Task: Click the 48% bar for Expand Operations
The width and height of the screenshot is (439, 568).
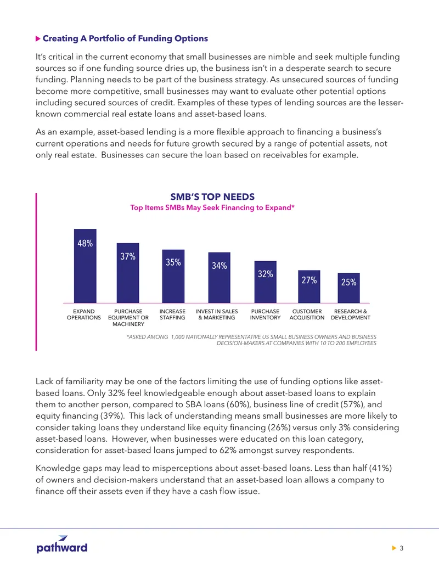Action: coord(85,266)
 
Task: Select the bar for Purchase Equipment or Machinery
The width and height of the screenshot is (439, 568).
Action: coord(128,273)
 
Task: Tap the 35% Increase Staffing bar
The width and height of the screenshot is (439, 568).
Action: coord(173,276)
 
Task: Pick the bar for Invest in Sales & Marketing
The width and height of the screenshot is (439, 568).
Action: coord(219,278)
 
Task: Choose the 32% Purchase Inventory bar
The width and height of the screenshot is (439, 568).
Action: coord(265,282)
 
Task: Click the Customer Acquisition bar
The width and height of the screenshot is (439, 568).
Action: coord(309,286)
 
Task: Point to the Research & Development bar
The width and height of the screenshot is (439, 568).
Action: coord(349,288)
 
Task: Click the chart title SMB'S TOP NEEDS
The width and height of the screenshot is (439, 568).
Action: coord(212,196)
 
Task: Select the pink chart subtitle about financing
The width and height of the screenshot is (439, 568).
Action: coord(212,207)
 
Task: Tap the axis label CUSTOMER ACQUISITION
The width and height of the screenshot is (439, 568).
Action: coord(307,314)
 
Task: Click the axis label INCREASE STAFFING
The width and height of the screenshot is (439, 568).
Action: coord(172,314)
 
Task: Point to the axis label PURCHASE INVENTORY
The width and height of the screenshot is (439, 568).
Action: coord(265,314)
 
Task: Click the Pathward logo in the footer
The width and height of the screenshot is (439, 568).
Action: coord(62,544)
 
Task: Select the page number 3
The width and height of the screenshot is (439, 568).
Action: coord(401,548)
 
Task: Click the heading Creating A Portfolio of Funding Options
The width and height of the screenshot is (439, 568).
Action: coord(125,38)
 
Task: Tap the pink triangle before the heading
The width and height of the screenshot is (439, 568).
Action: coord(38,39)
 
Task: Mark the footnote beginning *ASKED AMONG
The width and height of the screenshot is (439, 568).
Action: coord(251,340)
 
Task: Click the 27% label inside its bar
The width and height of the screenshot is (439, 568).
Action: coord(309,280)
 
